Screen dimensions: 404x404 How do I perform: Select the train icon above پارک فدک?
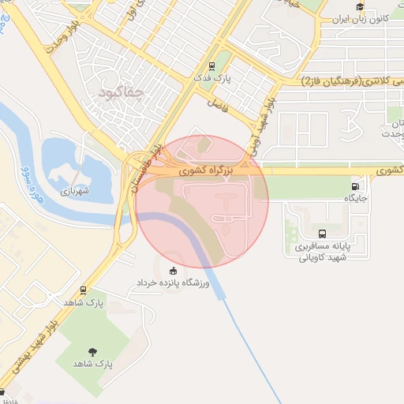[x=211, y=66]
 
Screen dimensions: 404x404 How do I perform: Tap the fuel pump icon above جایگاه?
[x=354, y=187]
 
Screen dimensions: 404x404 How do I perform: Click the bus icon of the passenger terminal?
[x=322, y=234]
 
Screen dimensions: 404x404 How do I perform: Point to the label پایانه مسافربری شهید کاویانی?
[x=323, y=252]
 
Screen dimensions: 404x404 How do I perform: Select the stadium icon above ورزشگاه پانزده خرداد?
[x=173, y=270]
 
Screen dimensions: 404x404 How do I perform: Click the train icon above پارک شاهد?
[x=84, y=290]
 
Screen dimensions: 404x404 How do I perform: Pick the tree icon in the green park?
[x=93, y=351]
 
